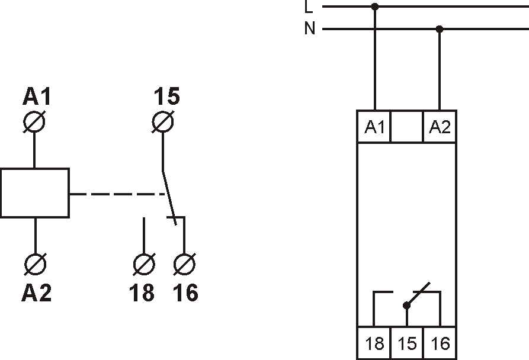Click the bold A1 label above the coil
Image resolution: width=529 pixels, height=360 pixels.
[x=37, y=97]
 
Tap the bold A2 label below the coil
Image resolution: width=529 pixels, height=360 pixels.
[x=37, y=292]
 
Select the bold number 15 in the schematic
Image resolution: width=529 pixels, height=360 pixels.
[x=166, y=96]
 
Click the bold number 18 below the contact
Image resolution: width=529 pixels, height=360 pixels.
[x=142, y=292]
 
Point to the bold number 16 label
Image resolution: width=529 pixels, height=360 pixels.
[x=185, y=292]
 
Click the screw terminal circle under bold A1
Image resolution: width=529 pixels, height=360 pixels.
[x=34, y=122]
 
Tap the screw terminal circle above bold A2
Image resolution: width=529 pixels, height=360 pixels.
[x=36, y=264]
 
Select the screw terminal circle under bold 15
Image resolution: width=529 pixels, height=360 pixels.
[x=163, y=122]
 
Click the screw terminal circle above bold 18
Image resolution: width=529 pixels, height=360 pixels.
[x=144, y=264]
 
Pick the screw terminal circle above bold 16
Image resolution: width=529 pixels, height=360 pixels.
[x=184, y=264]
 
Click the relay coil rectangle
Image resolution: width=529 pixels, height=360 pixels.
[x=35, y=193]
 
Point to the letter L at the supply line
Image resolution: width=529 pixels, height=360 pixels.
[x=309, y=7]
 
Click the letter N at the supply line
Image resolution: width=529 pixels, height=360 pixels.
[x=309, y=28]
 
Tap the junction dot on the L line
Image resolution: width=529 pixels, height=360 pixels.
[x=375, y=7]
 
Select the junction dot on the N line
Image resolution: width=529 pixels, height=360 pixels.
[x=440, y=30]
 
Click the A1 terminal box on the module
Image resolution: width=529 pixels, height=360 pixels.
[x=374, y=126]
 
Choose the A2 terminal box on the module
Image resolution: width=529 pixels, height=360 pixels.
[x=440, y=126]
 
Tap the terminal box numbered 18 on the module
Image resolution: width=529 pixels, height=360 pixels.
[x=374, y=343]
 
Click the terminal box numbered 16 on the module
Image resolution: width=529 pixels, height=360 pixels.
[x=440, y=343]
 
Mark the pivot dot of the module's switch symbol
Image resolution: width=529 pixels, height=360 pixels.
[x=407, y=306]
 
